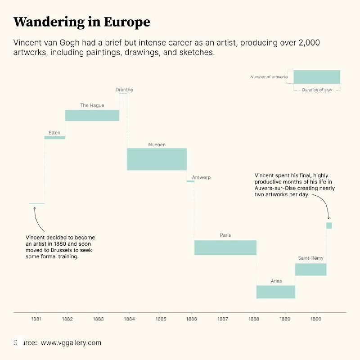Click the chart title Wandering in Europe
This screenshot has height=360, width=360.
coord(81,22)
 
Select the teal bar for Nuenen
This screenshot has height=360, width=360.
coord(157,159)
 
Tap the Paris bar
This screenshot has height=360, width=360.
coord(225,248)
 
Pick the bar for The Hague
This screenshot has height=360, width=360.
coord(92,116)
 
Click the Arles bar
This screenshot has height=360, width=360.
coord(275,292)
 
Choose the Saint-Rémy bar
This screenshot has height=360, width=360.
coord(310,270)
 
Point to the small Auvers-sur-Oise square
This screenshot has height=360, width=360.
coord(329,225)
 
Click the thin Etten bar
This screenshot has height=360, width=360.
coord(54,137)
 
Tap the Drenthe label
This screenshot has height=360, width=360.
coord(124,90)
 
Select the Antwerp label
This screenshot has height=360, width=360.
coord(201,178)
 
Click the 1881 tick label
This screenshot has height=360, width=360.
coord(36,319)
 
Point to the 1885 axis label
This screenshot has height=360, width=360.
coord(161,319)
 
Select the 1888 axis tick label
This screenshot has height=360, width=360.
coord(254,319)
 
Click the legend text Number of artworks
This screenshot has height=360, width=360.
coord(269,77)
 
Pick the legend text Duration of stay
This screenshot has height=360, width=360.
coord(317,90)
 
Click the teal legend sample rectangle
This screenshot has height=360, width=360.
coord(316,77)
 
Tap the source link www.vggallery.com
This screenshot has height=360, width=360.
coord(71,343)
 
